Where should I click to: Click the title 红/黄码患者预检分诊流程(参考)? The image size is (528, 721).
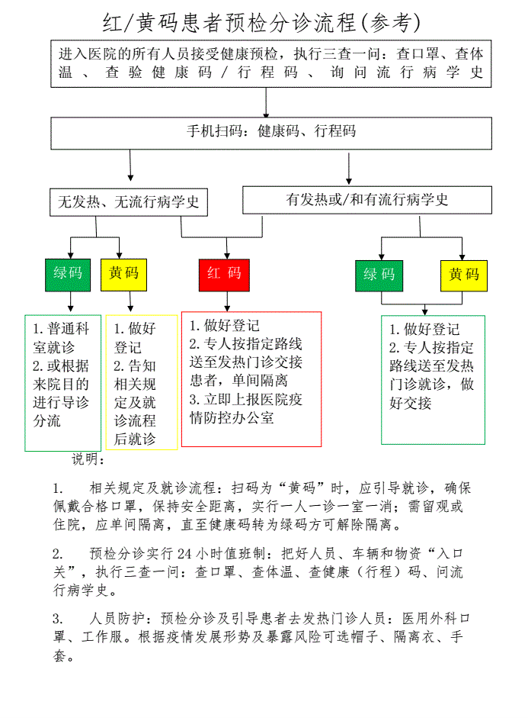click(263, 22)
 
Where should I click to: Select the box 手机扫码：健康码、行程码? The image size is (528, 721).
click(271, 132)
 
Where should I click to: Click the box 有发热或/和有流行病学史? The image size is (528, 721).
click(366, 200)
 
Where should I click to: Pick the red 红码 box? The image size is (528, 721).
click(224, 274)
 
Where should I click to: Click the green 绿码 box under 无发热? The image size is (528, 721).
click(68, 274)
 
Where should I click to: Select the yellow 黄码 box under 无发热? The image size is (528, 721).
click(123, 274)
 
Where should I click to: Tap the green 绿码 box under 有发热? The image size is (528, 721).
click(379, 275)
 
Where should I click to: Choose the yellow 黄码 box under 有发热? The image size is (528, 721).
click(463, 275)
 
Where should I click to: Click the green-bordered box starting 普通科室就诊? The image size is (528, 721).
click(62, 381)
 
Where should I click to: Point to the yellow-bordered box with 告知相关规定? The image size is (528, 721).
click(141, 381)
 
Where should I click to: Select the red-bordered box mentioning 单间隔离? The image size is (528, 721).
click(251, 378)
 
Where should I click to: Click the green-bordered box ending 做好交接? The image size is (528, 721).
click(432, 379)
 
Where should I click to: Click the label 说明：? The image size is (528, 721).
click(89, 459)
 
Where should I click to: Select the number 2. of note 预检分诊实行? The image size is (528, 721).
click(58, 553)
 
